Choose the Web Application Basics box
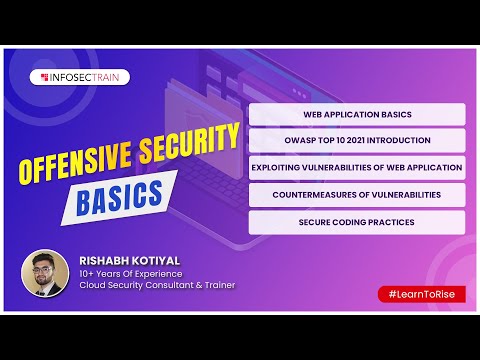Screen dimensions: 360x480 pos(357,114)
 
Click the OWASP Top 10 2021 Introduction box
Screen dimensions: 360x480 pos(357,140)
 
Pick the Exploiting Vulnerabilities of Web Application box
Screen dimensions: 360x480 pos(357,167)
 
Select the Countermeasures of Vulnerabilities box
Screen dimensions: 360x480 pos(357,194)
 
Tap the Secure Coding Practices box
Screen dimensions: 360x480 pos(357,221)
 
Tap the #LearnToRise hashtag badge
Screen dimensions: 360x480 pos(421,294)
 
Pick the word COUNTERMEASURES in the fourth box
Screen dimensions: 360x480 pos(319,194)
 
